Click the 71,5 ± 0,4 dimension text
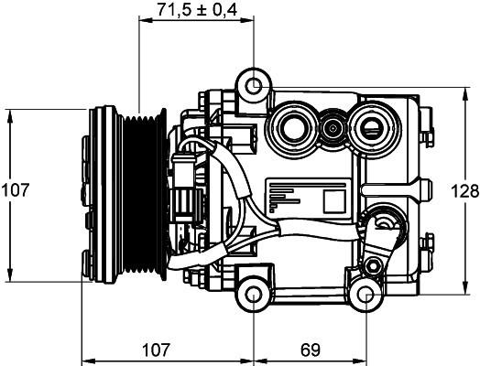198,9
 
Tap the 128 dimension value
464,192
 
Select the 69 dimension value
311,350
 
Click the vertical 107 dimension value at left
16,190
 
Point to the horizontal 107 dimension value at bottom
156,350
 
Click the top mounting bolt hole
254,86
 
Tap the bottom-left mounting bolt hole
254,295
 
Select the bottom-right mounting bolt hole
366,295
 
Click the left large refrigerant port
292,128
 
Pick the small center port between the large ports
333,128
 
